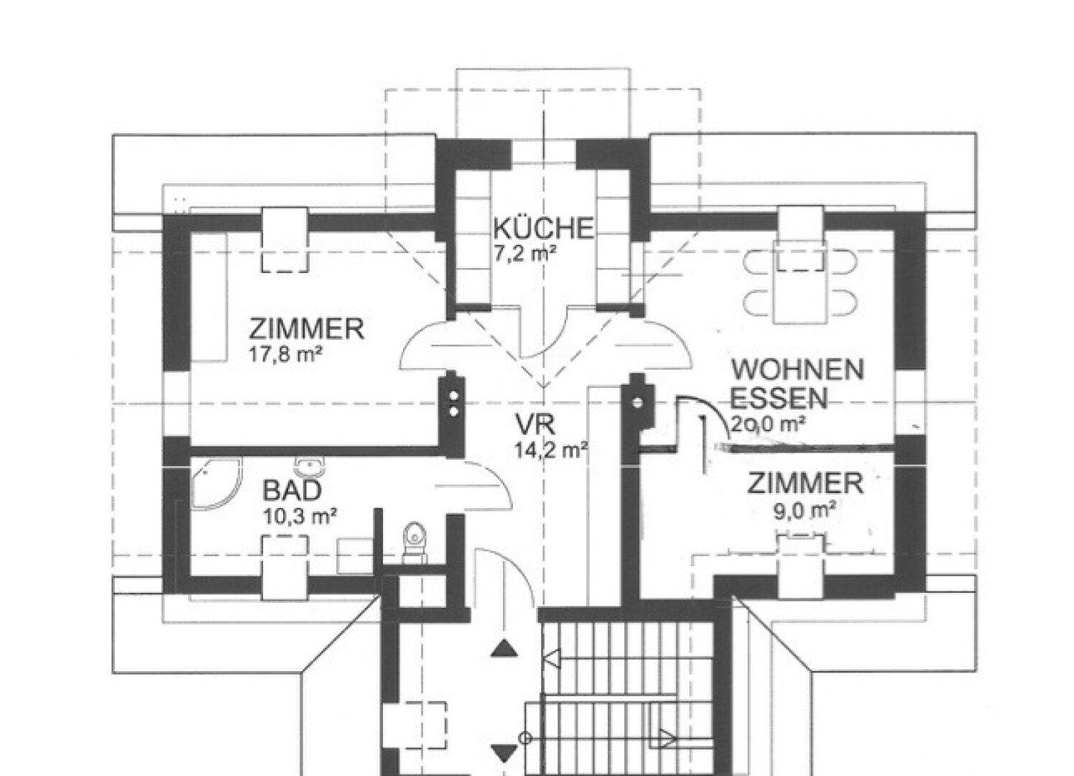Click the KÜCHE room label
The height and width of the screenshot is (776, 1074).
click(x=543, y=228)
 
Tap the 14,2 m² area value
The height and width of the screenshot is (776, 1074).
click(x=551, y=451)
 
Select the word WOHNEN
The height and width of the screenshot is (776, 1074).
click(x=797, y=371)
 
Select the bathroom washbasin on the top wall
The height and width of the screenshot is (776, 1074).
click(x=310, y=468)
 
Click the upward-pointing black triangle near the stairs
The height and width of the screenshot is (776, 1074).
click(x=504, y=650)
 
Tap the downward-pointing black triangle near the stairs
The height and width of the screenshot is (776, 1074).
click(x=504, y=753)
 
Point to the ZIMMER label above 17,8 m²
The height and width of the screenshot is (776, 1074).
click(x=307, y=329)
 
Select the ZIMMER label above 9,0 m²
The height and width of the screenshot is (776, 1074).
click(x=805, y=484)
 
